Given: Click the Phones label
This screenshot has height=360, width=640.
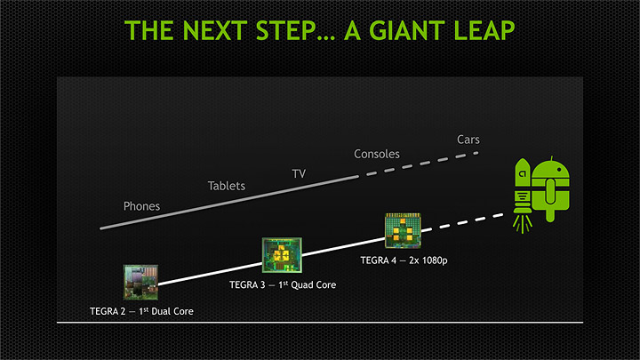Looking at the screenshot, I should (x=141, y=206).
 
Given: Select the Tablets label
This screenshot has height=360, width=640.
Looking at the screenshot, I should (x=226, y=186).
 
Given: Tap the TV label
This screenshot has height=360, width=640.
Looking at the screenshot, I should (x=300, y=172).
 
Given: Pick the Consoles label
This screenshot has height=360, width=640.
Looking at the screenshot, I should (x=377, y=154).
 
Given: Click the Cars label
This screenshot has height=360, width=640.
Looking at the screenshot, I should (x=468, y=140).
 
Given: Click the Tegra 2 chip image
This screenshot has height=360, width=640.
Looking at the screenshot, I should (x=140, y=282).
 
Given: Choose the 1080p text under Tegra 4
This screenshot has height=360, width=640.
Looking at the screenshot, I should (x=428, y=260).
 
